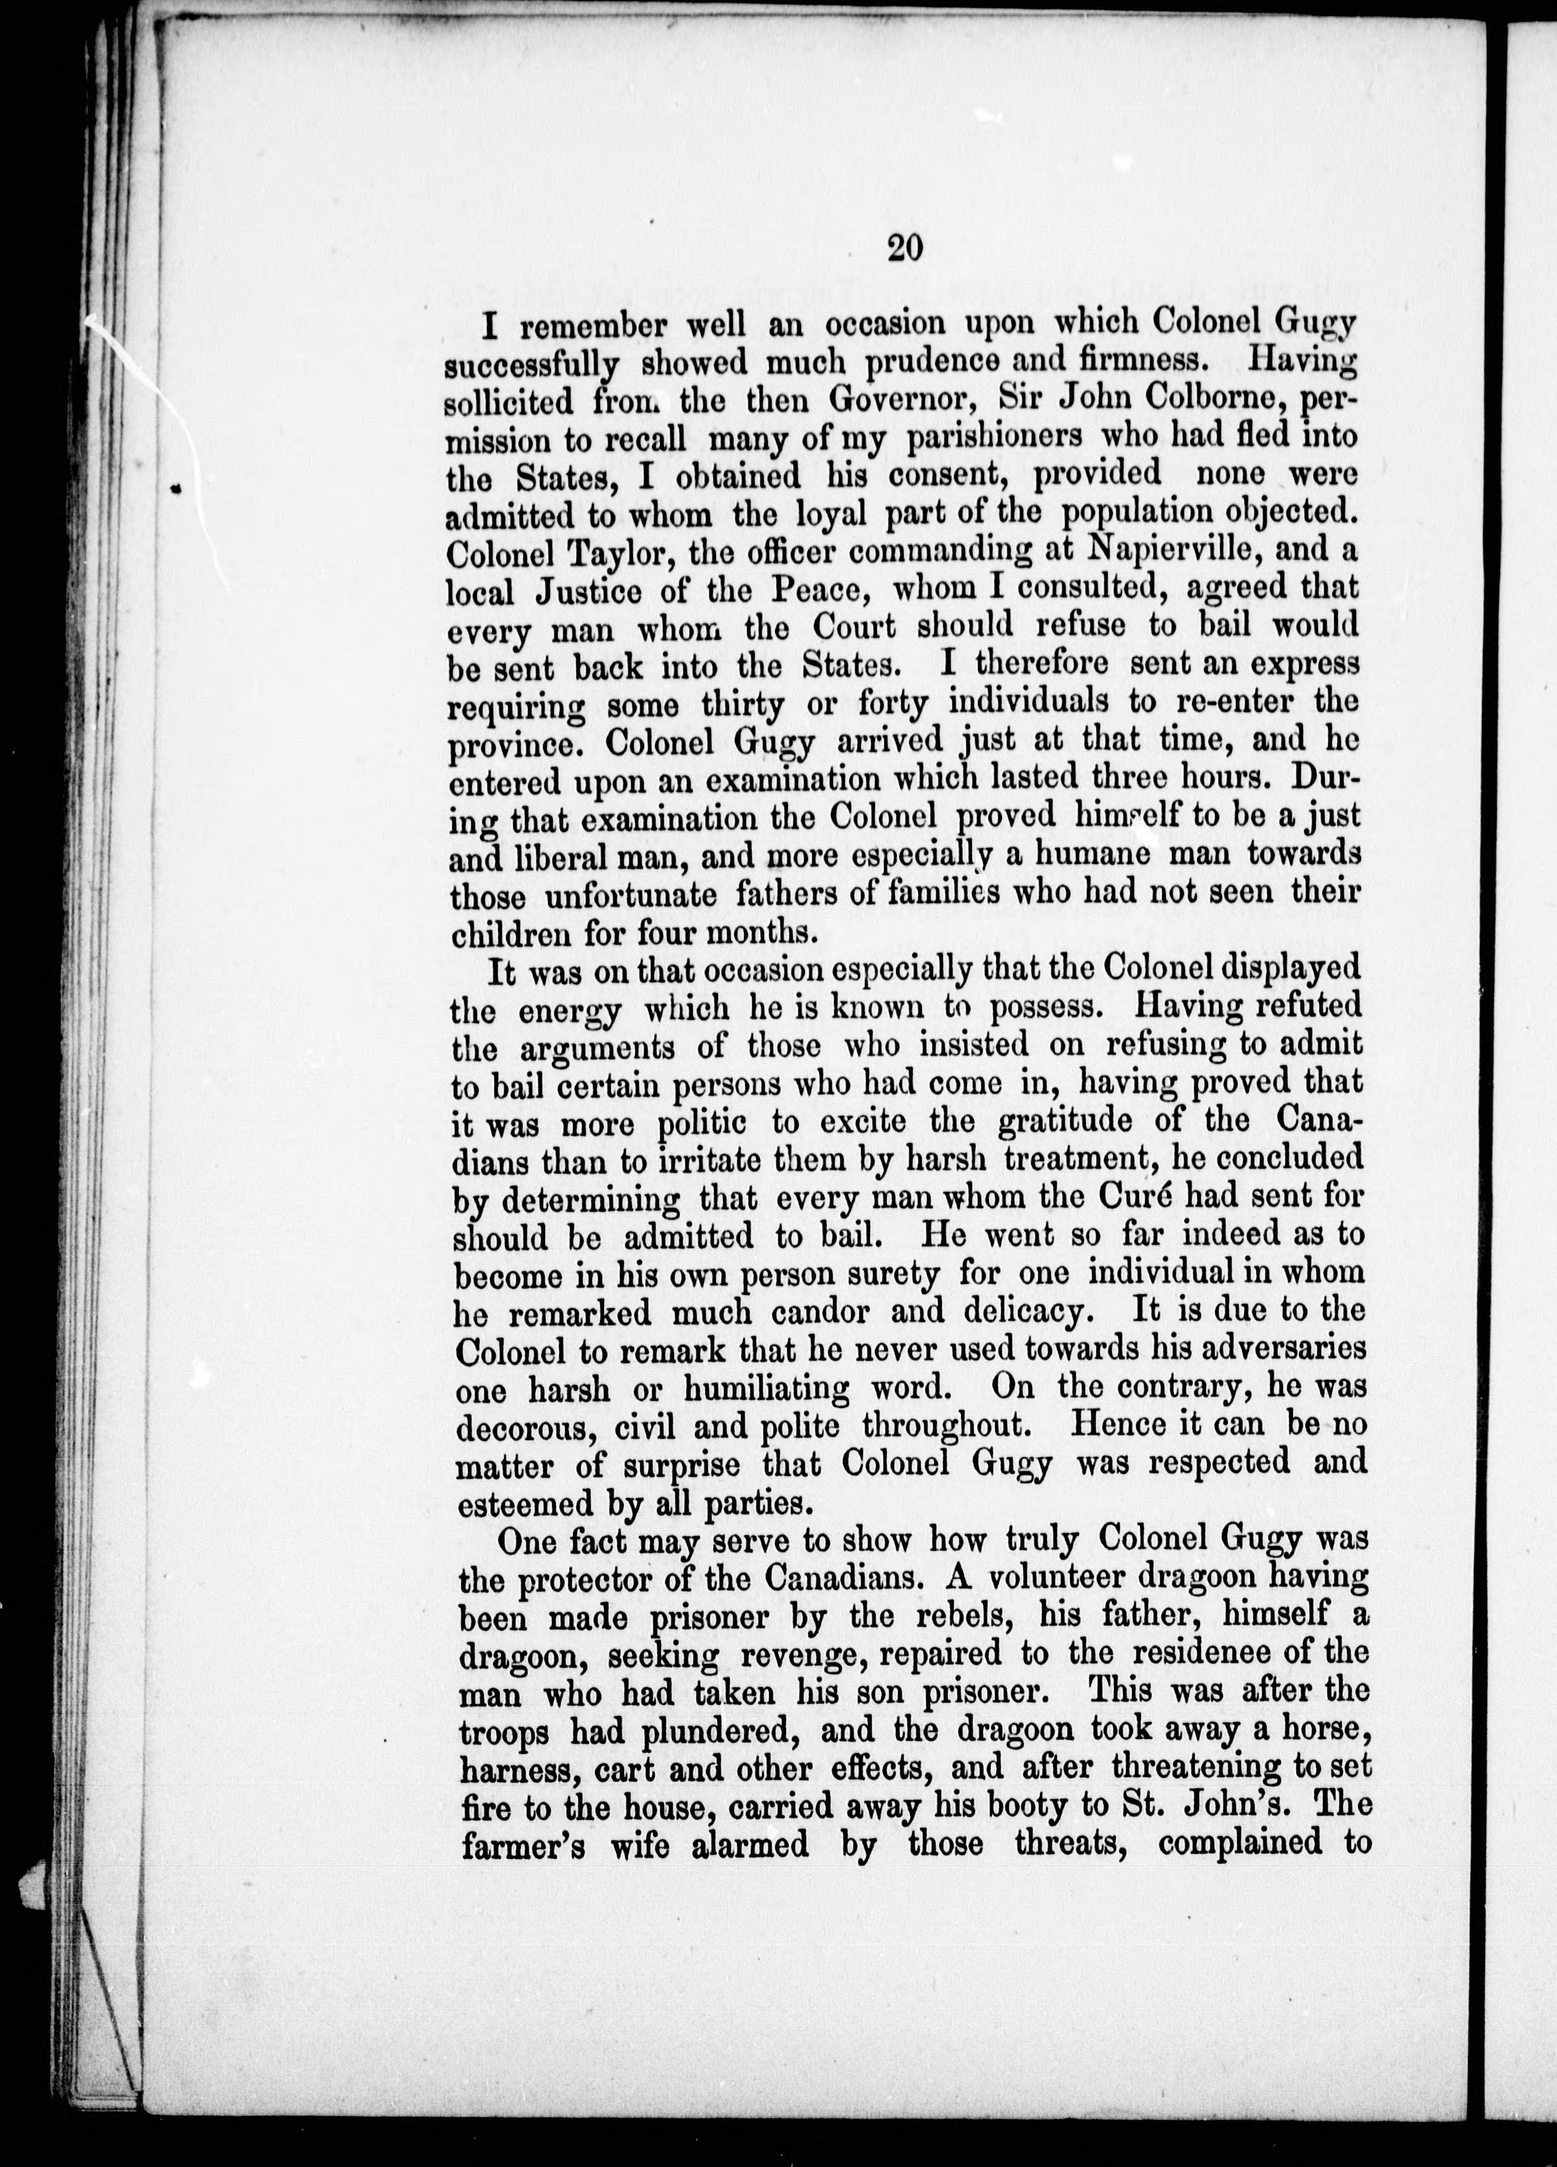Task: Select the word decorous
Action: [523, 1426]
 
